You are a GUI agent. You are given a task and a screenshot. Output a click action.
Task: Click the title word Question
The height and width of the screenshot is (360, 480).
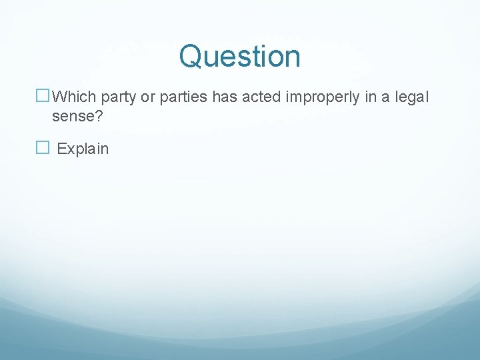coord(239,56)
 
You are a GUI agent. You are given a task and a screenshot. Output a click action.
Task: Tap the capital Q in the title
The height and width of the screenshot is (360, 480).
coord(191,56)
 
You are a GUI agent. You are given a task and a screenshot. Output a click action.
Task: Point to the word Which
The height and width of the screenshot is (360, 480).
coord(74,97)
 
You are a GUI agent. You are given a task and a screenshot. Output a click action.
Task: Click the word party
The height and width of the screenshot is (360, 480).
coord(118,98)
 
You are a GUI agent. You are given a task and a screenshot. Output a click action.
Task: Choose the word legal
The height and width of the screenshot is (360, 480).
coord(413,98)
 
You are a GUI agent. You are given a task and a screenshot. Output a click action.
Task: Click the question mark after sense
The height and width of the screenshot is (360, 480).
coord(99,117)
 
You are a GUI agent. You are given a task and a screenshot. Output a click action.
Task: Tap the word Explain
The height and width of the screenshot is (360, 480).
coord(83,149)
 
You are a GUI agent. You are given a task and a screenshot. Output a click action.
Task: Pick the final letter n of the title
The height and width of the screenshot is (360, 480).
coord(293,58)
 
